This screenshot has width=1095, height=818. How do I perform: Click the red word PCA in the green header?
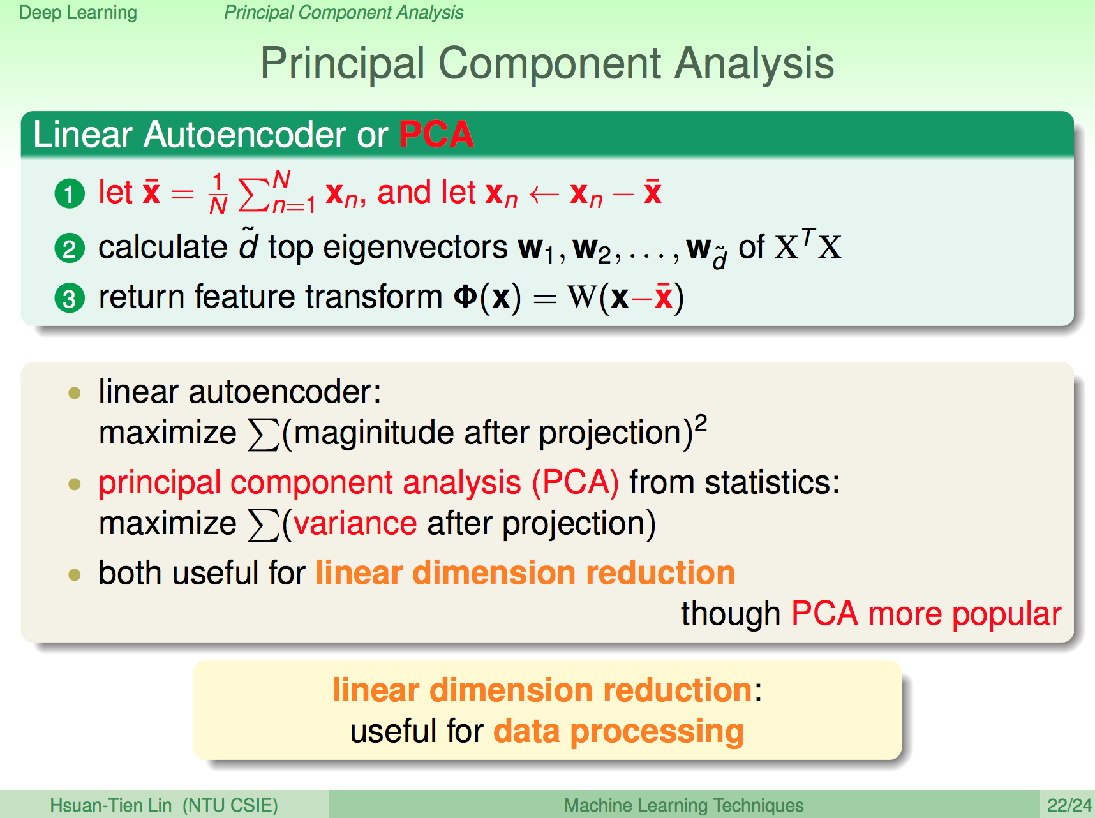(436, 134)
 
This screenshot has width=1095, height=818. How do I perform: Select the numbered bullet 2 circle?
(70, 249)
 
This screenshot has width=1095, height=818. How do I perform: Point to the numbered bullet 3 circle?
(70, 298)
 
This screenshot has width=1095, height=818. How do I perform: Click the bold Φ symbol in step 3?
(465, 297)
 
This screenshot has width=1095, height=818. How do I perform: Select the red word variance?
(355, 524)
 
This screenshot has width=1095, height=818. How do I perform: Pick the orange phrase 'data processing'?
(618, 732)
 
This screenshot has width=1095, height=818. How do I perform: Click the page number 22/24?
(1069, 805)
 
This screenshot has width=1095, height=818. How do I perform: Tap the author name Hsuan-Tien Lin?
(111, 805)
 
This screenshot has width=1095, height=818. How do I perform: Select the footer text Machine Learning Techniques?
(683, 805)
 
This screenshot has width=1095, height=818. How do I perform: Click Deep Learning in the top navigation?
(78, 13)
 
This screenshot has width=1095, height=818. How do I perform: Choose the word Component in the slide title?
(550, 64)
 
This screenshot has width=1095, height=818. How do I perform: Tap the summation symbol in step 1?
(253, 195)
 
